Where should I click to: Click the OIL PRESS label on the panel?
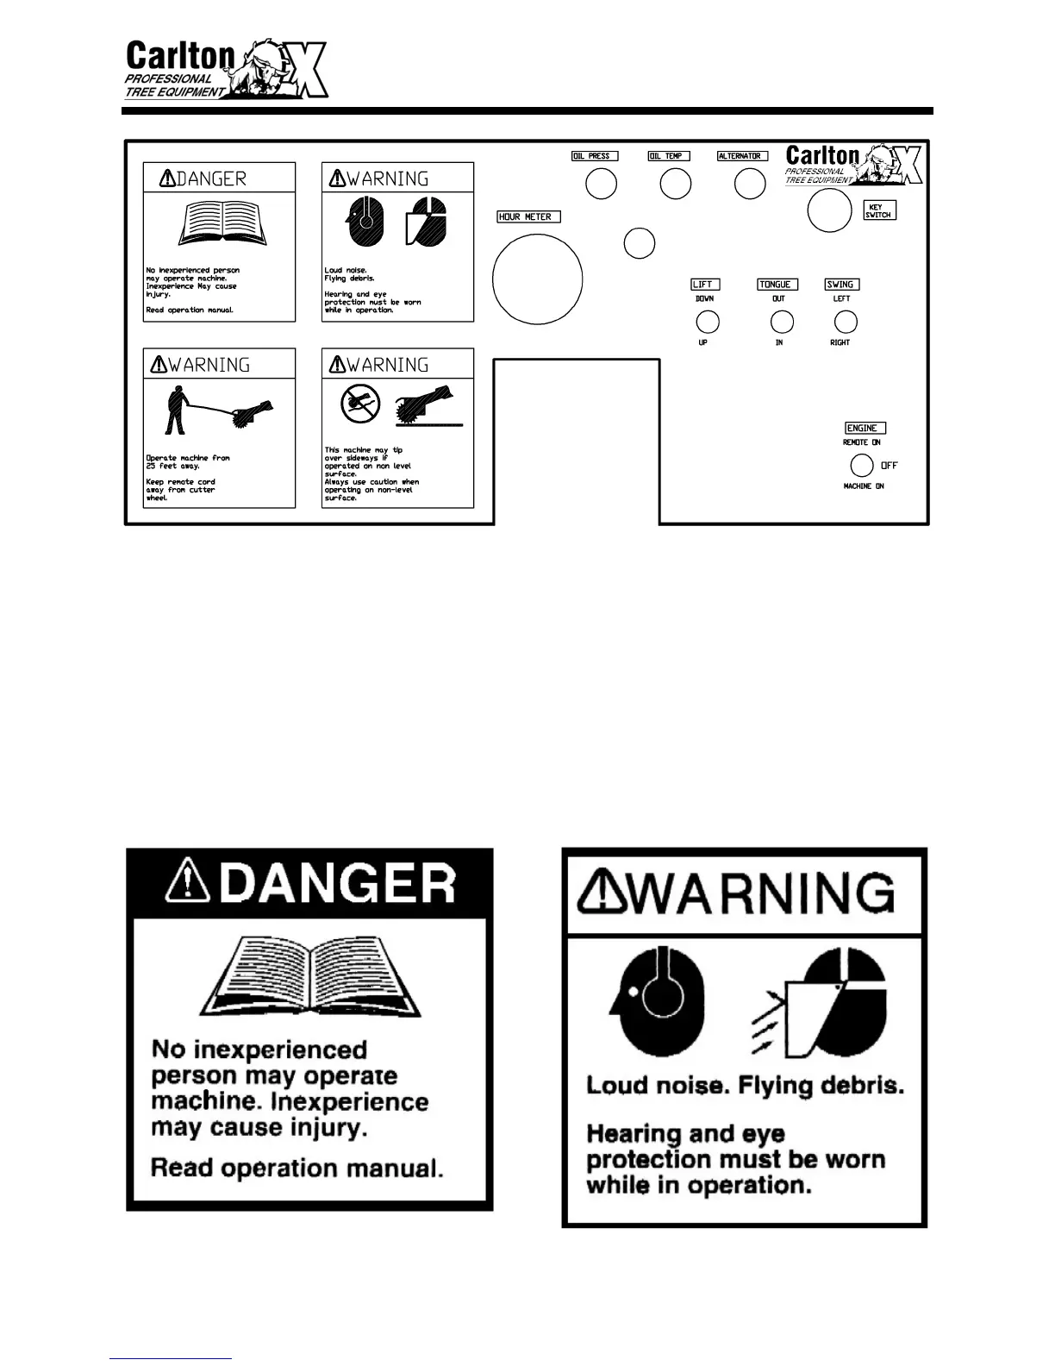point(595,156)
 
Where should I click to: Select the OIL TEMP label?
point(669,156)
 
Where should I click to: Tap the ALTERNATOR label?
point(742,156)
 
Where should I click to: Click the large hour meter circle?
point(537,279)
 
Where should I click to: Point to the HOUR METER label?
point(528,216)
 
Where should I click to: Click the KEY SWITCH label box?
point(879,210)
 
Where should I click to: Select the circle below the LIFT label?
point(707,322)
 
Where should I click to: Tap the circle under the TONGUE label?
point(781,322)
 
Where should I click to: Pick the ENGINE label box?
point(865,428)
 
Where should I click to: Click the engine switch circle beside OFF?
point(862,466)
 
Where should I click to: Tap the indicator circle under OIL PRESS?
point(601,184)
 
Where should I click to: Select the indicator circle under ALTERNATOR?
point(749,184)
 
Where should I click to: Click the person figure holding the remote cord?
point(176,409)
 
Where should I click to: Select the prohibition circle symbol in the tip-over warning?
point(360,404)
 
